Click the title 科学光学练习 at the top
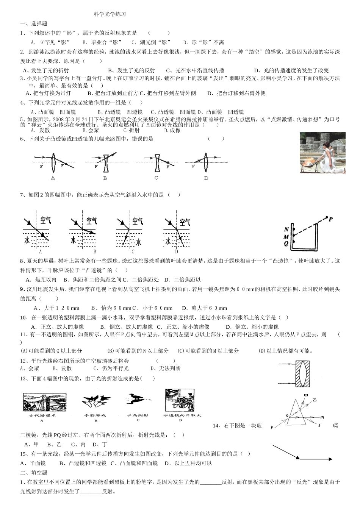[110, 14]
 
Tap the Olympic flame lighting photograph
[322, 153]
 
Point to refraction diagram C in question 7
[129, 232]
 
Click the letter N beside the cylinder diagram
[286, 230]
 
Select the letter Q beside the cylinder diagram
[286, 244]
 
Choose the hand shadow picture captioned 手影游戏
[95, 403]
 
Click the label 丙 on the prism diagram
[322, 417]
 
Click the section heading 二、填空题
[34, 473]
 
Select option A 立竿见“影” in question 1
[50, 42]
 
